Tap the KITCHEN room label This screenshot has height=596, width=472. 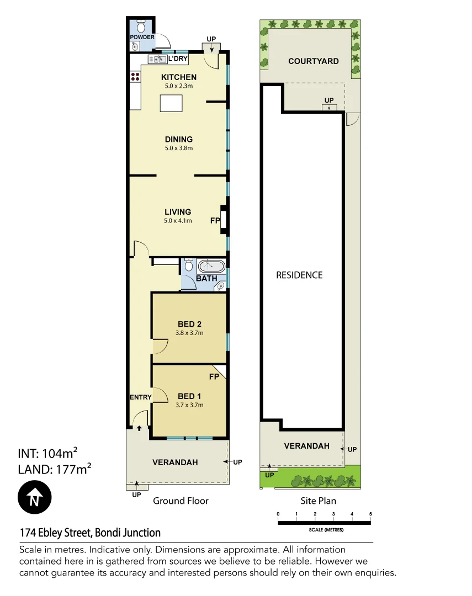coord(178,77)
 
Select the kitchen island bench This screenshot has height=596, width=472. coord(171,103)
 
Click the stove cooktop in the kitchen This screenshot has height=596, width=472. coord(135,78)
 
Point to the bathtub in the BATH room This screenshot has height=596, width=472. coord(211,266)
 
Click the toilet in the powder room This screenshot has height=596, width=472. coord(141,26)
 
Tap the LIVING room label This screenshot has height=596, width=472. coord(178,212)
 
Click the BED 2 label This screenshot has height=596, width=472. coord(189,324)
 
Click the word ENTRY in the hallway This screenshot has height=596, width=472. coord(140,397)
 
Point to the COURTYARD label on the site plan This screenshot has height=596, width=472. coord(314,61)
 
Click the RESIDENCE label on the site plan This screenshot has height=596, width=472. coord(299,275)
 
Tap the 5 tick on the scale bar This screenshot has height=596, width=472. coord(370,514)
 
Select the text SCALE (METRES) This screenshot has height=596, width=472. coord(326,530)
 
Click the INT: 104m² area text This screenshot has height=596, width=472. coord(47,454)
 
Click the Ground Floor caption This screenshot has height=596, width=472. coord(181,501)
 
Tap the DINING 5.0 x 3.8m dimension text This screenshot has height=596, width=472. coord(178,148)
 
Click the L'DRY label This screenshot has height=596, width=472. coord(177,58)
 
